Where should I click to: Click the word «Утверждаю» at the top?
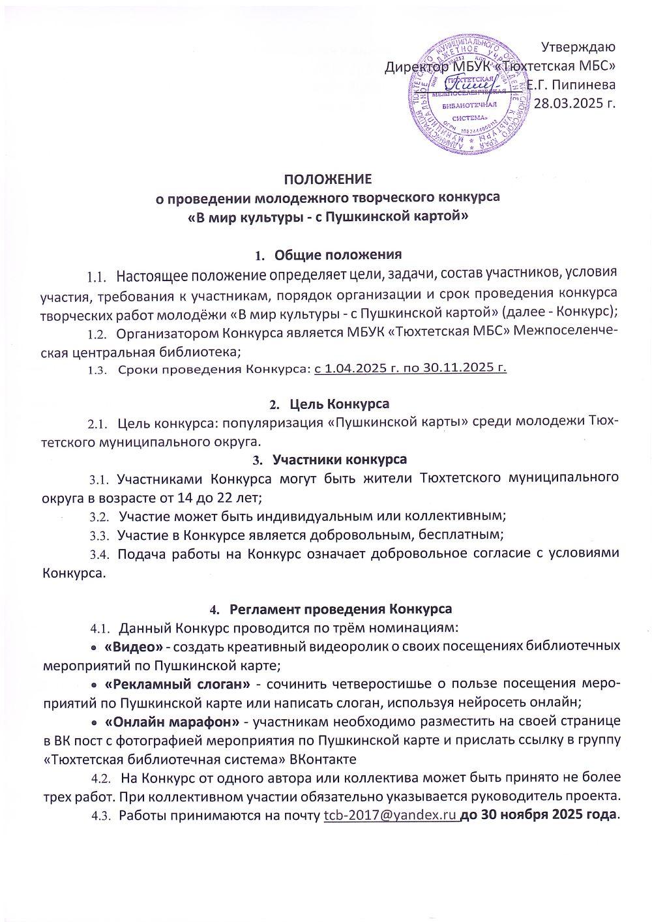tap(579, 47)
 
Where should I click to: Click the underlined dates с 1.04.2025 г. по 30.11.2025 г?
tap(411, 368)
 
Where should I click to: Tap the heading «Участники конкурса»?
tap(339, 460)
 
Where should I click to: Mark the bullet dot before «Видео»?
tap(95, 647)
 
